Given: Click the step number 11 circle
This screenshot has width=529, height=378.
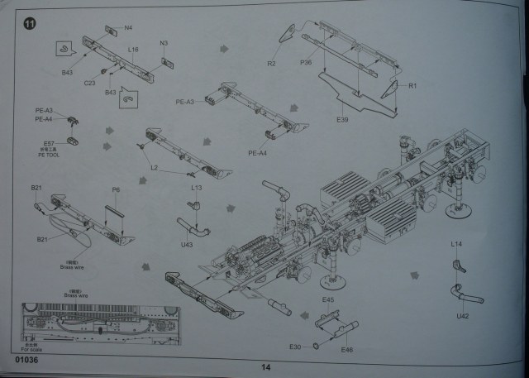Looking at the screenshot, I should pyautogui.click(x=30, y=24).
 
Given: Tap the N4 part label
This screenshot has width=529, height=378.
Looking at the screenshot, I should pyautogui.click(x=128, y=27).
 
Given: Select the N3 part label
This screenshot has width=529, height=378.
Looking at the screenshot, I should pyautogui.click(x=163, y=43).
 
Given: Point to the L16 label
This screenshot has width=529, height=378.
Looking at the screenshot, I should pyautogui.click(x=132, y=50).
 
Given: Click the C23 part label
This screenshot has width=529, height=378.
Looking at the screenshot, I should pyautogui.click(x=89, y=82).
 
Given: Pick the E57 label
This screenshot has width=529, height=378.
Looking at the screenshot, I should pyautogui.click(x=48, y=142).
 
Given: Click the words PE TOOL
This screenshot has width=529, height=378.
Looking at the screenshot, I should pyautogui.click(x=48, y=154).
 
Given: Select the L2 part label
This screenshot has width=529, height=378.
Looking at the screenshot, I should pyautogui.click(x=154, y=168).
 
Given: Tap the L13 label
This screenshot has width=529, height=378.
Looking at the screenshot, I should pyautogui.click(x=196, y=188).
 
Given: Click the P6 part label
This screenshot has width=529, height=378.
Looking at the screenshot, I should pyautogui.click(x=116, y=189).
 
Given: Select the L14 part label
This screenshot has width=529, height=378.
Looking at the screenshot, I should pyautogui.click(x=456, y=244).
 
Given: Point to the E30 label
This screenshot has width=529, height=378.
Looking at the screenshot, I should pyautogui.click(x=295, y=346).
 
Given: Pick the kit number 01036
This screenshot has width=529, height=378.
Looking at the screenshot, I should pyautogui.click(x=26, y=360).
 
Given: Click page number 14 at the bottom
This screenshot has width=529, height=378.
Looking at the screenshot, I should pyautogui.click(x=265, y=367).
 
